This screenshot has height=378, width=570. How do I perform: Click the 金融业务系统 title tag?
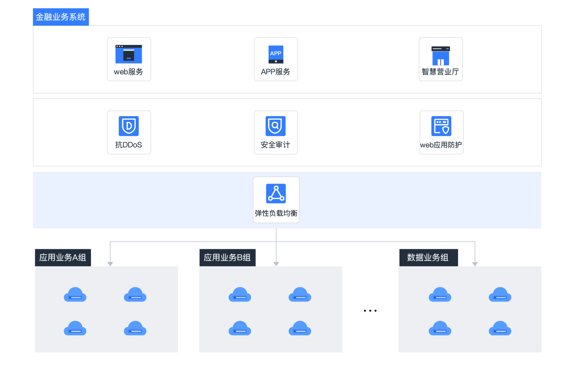[x=61, y=17]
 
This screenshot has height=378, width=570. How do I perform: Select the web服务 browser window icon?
[x=129, y=54]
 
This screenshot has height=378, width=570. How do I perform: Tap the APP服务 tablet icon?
[x=276, y=54]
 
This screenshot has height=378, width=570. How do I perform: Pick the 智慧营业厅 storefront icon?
[x=441, y=55]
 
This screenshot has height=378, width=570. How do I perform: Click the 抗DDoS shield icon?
[x=129, y=126]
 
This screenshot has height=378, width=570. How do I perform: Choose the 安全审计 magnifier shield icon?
[x=276, y=126]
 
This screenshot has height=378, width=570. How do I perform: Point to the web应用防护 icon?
[x=441, y=126]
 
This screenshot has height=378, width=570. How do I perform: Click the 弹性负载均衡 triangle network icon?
[x=276, y=194]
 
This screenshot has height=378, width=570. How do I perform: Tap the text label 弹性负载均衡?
[x=276, y=213]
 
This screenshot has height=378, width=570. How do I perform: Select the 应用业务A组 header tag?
[x=63, y=258]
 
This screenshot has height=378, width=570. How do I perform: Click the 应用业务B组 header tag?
[x=227, y=258]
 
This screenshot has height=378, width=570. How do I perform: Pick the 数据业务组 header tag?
[x=428, y=258]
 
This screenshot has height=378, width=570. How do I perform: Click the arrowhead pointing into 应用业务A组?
[x=110, y=264]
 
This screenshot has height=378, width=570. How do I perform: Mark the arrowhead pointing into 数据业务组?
[x=475, y=264]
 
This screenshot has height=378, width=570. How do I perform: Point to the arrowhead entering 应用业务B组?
[x=276, y=264]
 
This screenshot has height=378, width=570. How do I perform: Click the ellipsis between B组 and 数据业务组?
[x=370, y=310]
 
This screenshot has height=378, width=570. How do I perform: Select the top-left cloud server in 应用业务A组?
[x=75, y=295]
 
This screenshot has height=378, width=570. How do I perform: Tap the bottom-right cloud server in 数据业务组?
[x=500, y=328]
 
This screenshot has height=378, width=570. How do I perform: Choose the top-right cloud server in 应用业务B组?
[x=300, y=295]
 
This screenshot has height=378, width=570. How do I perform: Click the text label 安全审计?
[x=276, y=145]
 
